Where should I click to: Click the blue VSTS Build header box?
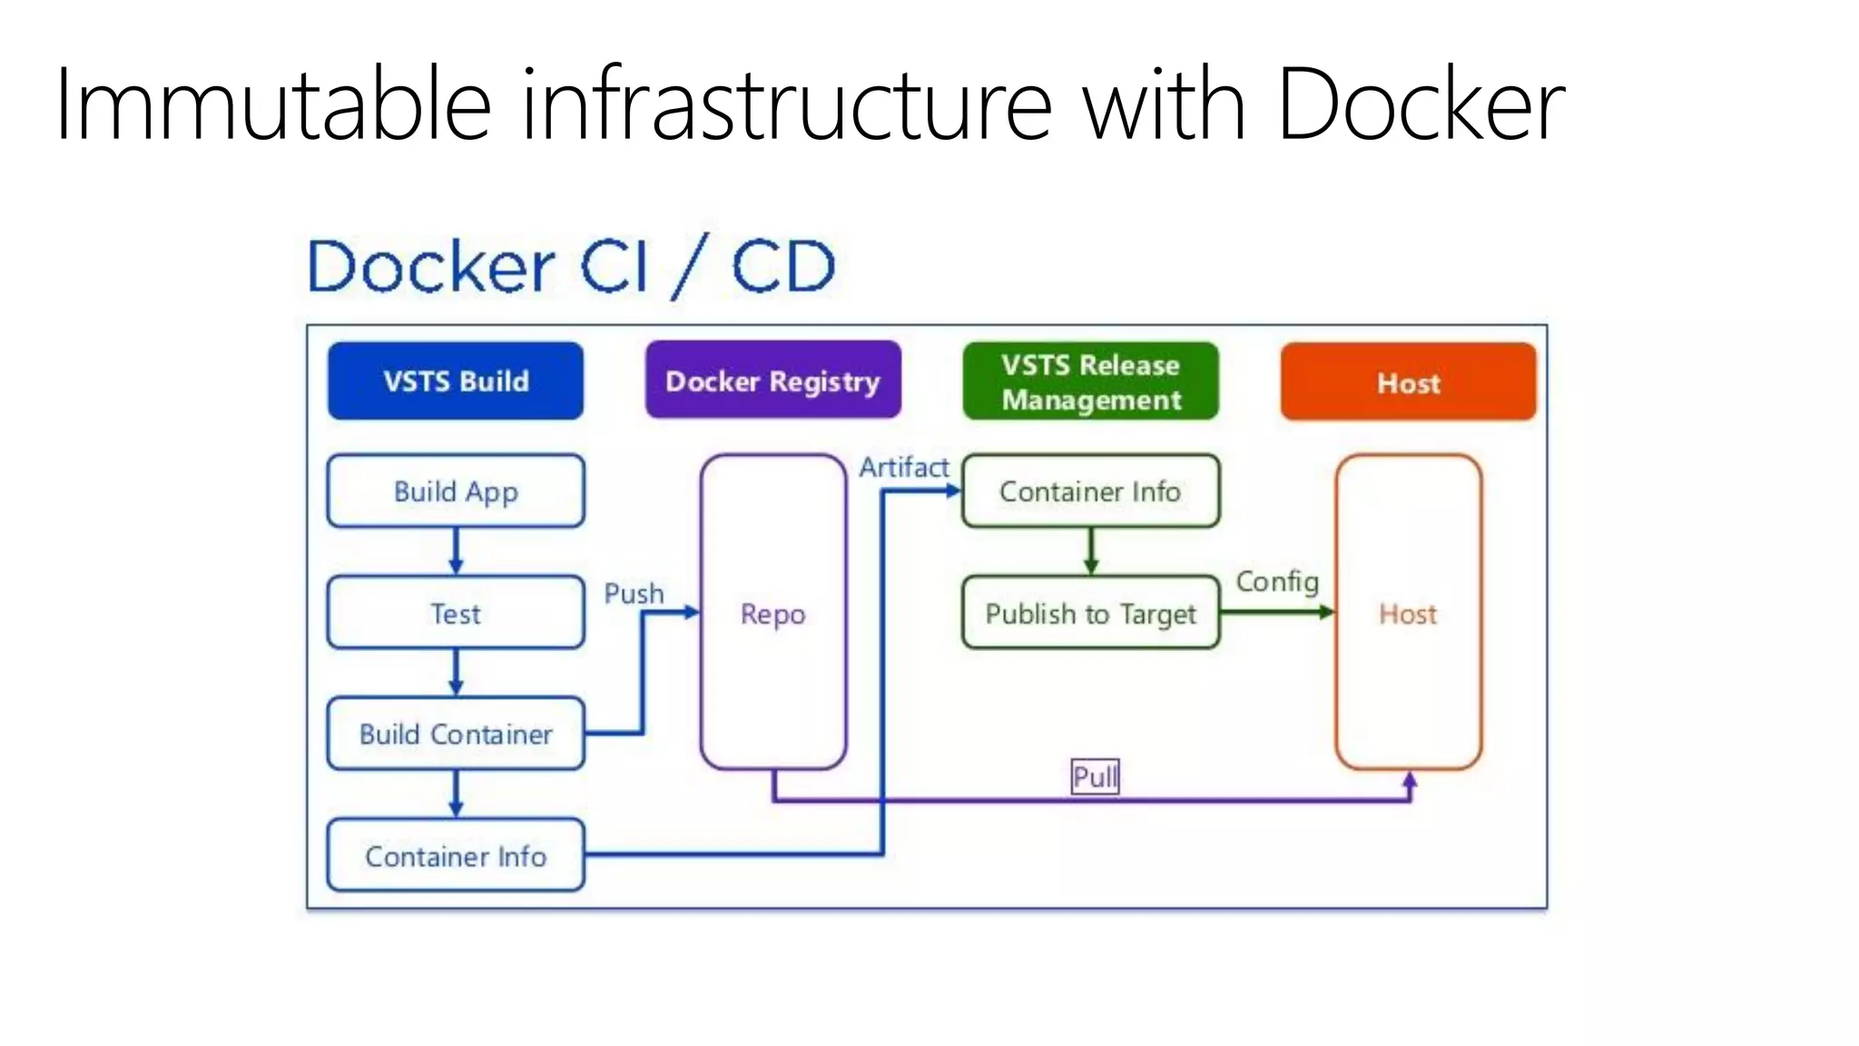point(456,380)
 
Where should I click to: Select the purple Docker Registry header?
point(772,380)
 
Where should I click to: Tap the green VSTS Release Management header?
point(1090,381)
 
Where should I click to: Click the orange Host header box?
point(1408,381)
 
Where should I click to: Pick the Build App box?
point(456,491)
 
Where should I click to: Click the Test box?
point(456,613)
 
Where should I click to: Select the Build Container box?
point(456,734)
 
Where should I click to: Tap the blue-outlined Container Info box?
point(456,855)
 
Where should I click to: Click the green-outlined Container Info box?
point(1090,491)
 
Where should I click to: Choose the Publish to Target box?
point(1090,613)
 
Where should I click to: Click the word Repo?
point(772,614)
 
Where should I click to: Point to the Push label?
point(634,594)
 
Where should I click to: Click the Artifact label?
point(904,468)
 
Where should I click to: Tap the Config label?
point(1277,581)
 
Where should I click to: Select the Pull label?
point(1095,777)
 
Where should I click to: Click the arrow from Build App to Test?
point(456,551)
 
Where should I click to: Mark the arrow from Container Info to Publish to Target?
point(1090,551)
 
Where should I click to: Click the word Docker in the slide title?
point(1421,104)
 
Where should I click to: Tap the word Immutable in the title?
point(272,104)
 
